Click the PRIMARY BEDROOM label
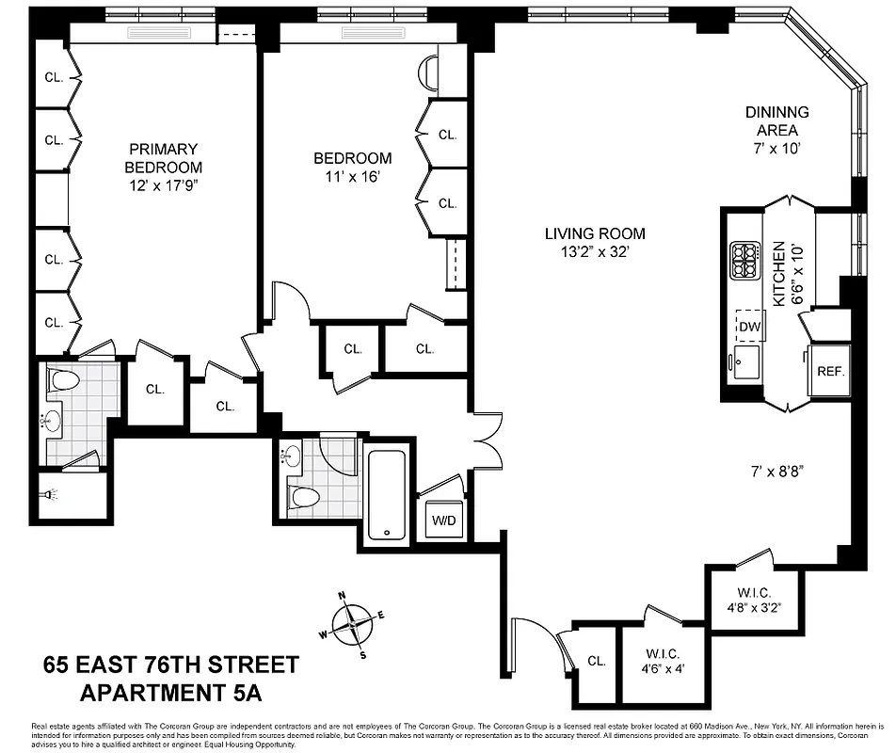(x=164, y=158)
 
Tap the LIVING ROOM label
(x=595, y=234)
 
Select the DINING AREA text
(x=776, y=120)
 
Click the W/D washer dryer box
(x=442, y=520)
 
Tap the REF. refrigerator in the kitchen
(x=830, y=371)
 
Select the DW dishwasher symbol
(x=749, y=327)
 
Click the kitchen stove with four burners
(x=745, y=261)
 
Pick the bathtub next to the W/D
(x=387, y=493)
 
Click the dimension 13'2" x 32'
(x=595, y=252)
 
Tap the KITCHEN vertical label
(x=778, y=273)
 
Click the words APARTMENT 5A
(x=169, y=695)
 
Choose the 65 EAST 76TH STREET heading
(x=170, y=665)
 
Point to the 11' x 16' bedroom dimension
(x=352, y=176)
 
